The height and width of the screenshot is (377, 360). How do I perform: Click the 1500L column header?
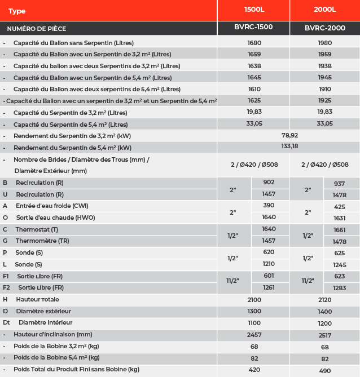[254, 10]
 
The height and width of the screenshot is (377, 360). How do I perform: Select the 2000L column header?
[324, 10]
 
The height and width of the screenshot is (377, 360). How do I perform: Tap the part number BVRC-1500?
[254, 27]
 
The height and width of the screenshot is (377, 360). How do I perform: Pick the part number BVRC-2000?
[324, 28]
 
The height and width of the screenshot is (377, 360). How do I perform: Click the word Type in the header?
[17, 11]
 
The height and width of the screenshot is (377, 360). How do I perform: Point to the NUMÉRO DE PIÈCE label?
[36, 28]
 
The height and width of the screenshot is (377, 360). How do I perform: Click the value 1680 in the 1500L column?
[254, 43]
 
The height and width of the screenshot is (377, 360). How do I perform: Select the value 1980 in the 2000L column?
[324, 43]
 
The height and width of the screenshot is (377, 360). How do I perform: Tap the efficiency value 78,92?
[289, 135]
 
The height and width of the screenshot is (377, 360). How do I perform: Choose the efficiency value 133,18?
[289, 146]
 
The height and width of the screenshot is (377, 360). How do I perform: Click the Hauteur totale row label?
[37, 299]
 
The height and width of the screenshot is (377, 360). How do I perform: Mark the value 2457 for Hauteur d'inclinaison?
[254, 335]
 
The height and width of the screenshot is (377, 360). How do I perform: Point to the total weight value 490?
[324, 370]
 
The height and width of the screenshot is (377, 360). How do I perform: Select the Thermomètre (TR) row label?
[42, 241]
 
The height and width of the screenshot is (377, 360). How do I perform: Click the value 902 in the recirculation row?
[269, 183]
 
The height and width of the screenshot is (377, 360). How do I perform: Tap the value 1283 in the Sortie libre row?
[339, 288]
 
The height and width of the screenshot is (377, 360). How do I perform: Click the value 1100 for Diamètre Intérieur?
[254, 323]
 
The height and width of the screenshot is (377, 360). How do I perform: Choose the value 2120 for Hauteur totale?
[324, 300]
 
